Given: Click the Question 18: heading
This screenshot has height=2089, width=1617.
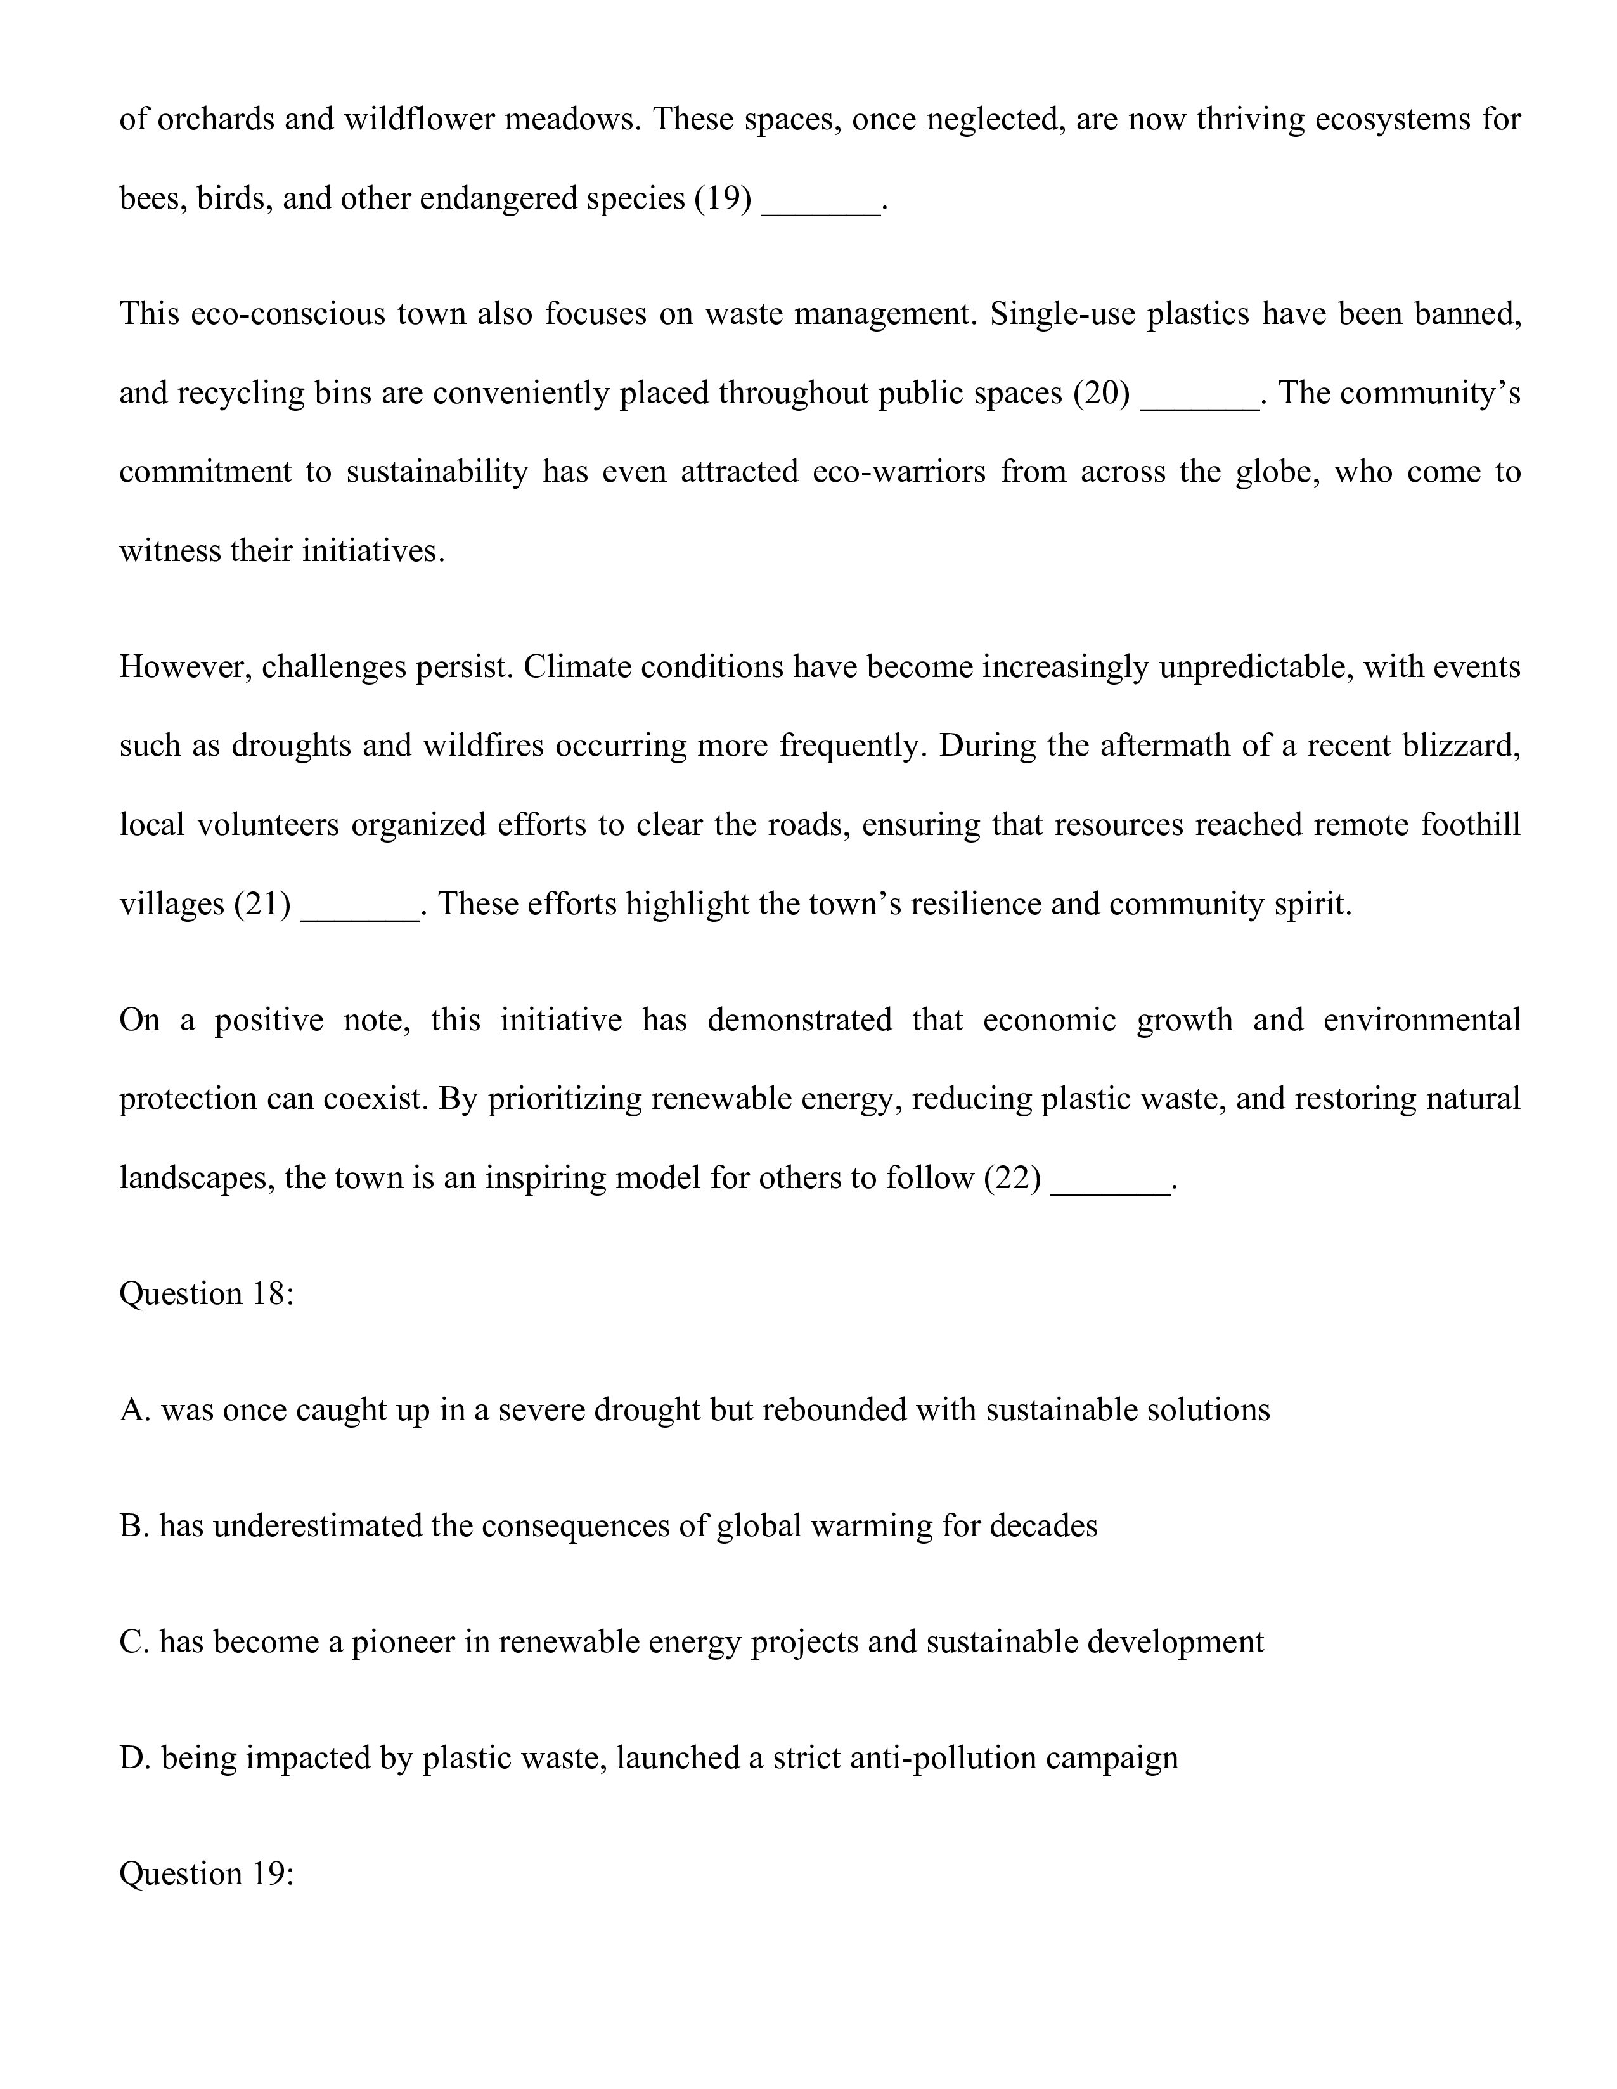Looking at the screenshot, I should click(x=207, y=1294).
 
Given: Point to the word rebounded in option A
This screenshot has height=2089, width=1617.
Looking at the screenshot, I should click(x=833, y=1410).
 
